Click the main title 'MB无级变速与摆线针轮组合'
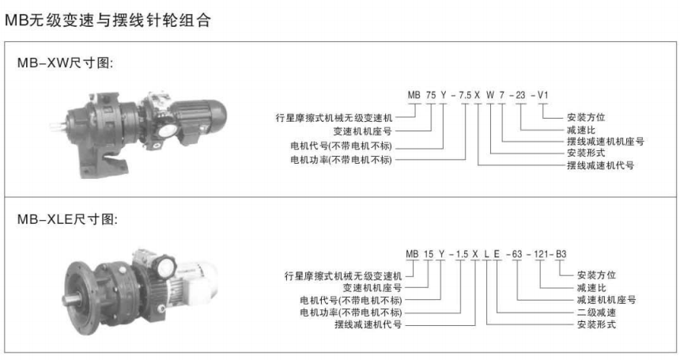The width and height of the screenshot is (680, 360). (x=108, y=20)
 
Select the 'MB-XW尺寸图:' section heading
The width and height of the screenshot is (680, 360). (x=65, y=63)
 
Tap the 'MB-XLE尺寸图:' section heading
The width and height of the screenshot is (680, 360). (x=67, y=219)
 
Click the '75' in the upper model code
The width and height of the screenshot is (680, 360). (x=431, y=95)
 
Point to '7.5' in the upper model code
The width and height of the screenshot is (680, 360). (x=465, y=95)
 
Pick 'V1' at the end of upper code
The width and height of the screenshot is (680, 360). (x=543, y=95)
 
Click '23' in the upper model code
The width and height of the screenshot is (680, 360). (x=520, y=95)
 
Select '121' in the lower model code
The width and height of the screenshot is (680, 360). (x=541, y=254)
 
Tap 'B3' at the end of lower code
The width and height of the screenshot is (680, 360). (x=561, y=254)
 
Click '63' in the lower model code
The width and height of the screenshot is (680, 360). (x=517, y=254)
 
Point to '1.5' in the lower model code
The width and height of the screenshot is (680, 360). (x=462, y=254)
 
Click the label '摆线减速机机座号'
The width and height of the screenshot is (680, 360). (x=606, y=142)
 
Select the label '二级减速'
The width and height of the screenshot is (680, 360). (x=596, y=313)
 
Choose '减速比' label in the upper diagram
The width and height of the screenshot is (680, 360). (x=581, y=130)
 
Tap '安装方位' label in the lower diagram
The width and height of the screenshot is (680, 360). (x=596, y=275)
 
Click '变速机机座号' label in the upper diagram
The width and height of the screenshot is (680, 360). (x=363, y=131)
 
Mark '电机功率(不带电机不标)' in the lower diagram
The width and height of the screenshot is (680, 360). (x=351, y=313)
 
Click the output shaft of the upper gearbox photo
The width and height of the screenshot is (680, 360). (x=59, y=127)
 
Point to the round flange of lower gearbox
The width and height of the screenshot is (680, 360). (x=81, y=297)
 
